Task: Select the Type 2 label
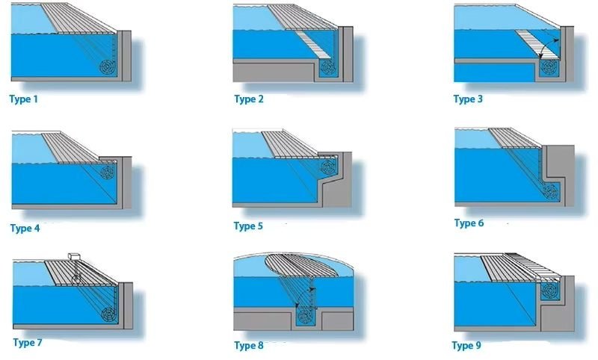coord(249,99)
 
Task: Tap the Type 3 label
coord(469,99)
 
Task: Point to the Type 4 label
coord(26,229)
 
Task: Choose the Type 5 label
coord(249,226)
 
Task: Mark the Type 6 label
coord(469,223)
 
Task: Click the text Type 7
coord(28,343)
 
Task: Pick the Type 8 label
coord(249,345)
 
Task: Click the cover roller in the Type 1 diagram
coord(109,66)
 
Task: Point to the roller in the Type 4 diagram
coord(108,173)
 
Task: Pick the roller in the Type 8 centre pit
coord(305,317)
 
